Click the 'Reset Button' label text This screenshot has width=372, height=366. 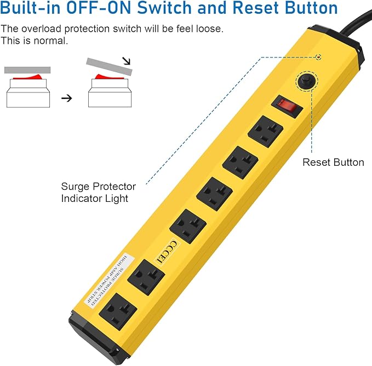tap(333, 162)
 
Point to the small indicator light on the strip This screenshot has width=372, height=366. tap(318, 56)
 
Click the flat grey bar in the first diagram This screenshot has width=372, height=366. tap(27, 70)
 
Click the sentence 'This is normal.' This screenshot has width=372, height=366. tap(34, 41)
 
